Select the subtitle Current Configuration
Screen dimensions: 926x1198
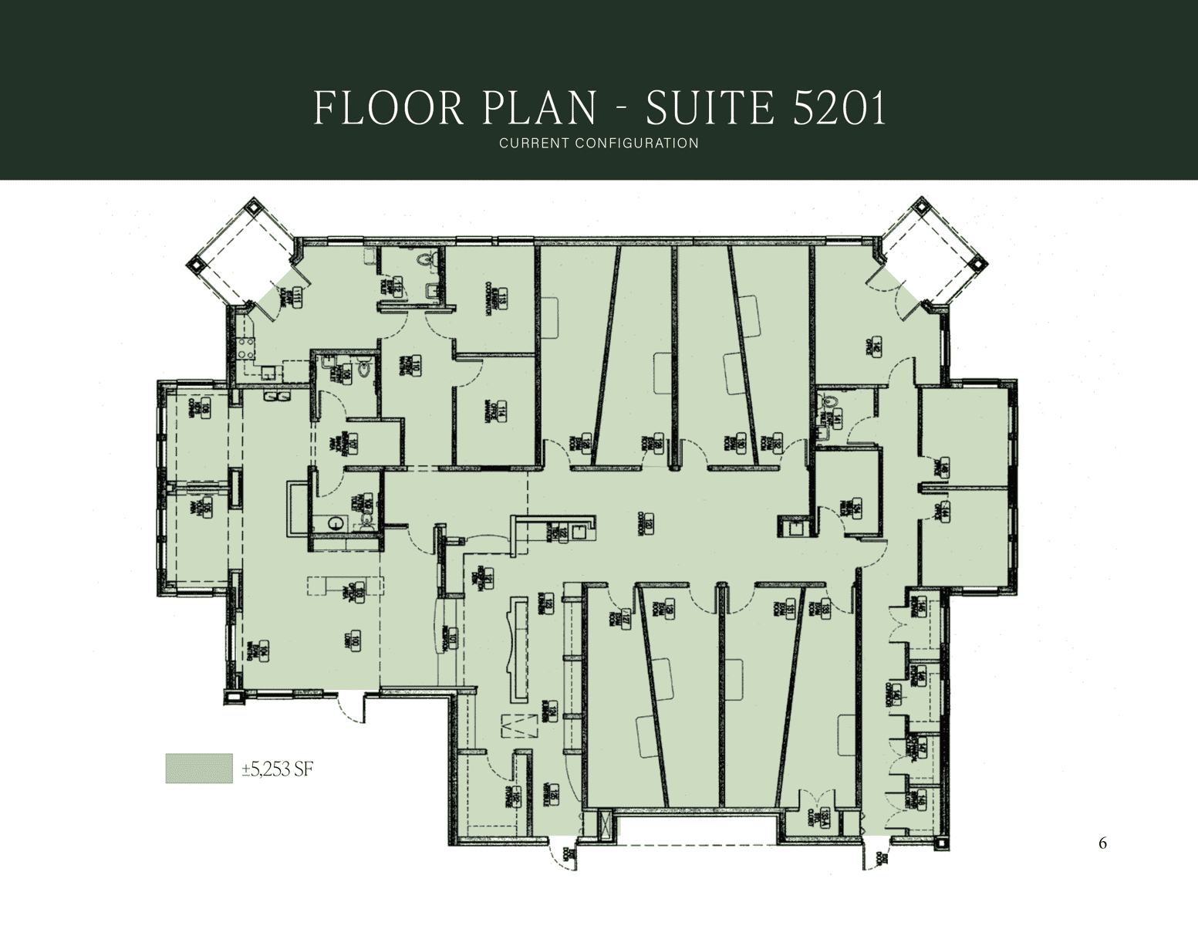point(599,143)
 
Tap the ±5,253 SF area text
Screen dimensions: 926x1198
point(278,769)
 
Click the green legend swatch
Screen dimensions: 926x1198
point(199,769)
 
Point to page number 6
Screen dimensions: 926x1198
point(1102,843)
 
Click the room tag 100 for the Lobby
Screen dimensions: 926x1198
point(354,640)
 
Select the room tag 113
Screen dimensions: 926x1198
point(501,300)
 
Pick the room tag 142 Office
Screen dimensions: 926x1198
point(876,347)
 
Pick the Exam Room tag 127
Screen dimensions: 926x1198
point(626,618)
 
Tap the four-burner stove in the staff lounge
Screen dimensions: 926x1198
point(245,349)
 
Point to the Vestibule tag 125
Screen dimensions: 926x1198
point(552,795)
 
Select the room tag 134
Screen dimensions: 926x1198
point(855,508)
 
